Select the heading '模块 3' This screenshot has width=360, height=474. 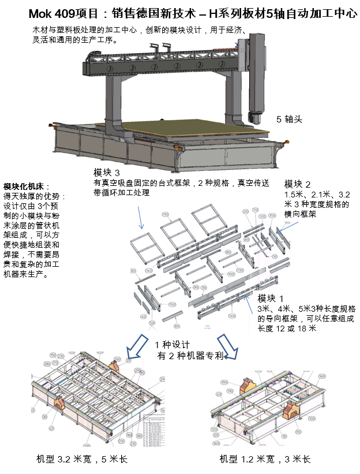[107, 173]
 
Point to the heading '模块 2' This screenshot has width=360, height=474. [298, 184]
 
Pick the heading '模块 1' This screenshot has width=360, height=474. [271, 298]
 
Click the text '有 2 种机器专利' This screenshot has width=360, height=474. [190, 356]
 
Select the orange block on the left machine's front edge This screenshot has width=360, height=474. [61, 402]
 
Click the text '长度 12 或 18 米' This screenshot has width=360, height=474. [287, 329]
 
